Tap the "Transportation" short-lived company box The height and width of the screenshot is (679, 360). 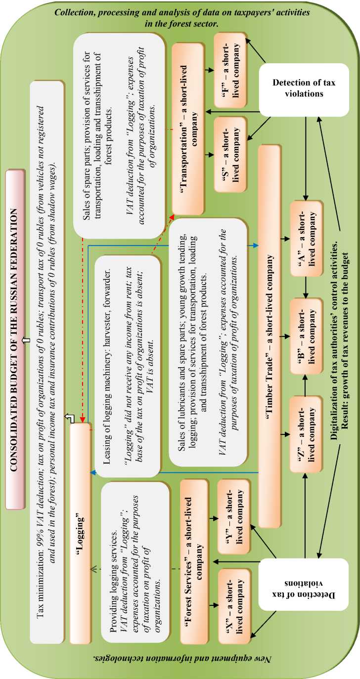[x=188, y=117]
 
